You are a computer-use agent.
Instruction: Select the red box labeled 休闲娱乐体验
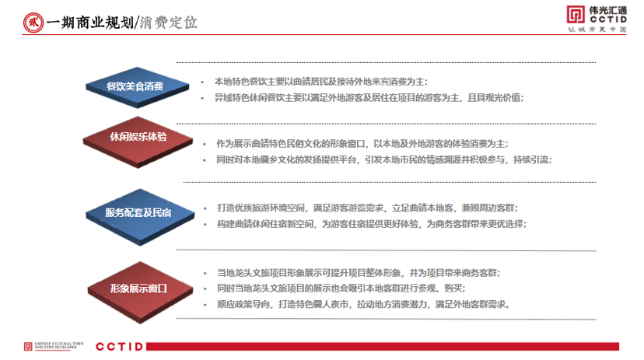tap(137, 137)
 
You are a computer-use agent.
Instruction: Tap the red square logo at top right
tap(573, 16)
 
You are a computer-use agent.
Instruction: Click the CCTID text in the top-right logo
tap(609, 19)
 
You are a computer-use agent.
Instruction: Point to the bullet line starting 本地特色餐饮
tap(320, 81)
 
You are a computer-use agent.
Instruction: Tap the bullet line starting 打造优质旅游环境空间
tap(366, 208)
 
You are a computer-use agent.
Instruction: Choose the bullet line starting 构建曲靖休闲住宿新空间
tap(371, 224)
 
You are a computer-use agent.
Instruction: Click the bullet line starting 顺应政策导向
tap(363, 304)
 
